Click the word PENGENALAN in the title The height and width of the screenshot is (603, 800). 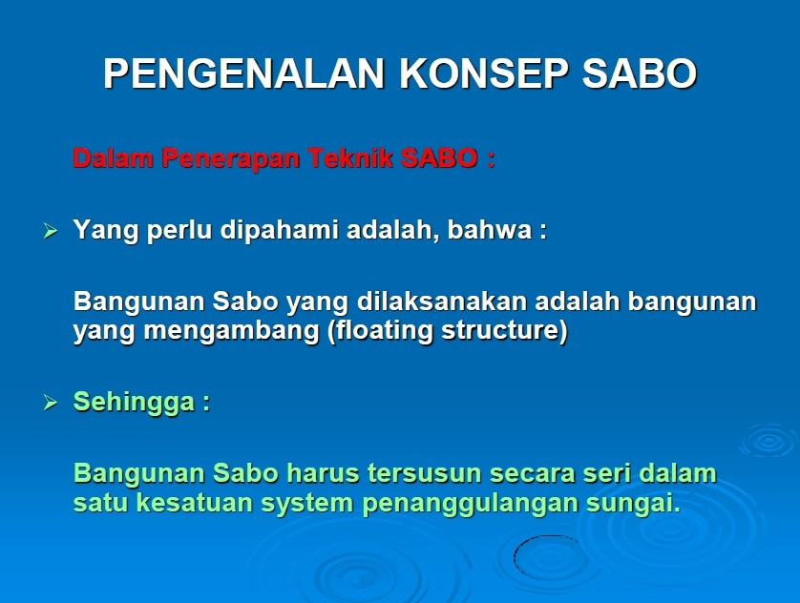click(x=243, y=73)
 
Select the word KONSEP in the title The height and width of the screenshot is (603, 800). click(x=483, y=73)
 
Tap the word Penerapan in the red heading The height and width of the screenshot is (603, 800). click(x=231, y=158)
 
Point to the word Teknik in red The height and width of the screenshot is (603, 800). click(x=350, y=157)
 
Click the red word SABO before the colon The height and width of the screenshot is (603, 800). click(x=439, y=158)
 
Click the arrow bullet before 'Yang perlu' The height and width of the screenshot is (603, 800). click(x=51, y=231)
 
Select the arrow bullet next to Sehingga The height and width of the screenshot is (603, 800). click(x=51, y=403)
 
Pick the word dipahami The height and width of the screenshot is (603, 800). click(x=279, y=230)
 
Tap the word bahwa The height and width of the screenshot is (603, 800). click(x=490, y=229)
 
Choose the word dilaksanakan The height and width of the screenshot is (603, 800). click(x=442, y=301)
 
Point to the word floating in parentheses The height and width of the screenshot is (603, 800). click(x=381, y=331)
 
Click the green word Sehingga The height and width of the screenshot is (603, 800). click(x=135, y=403)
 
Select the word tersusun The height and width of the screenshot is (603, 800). click(x=425, y=473)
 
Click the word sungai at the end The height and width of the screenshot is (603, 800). click(x=633, y=504)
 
